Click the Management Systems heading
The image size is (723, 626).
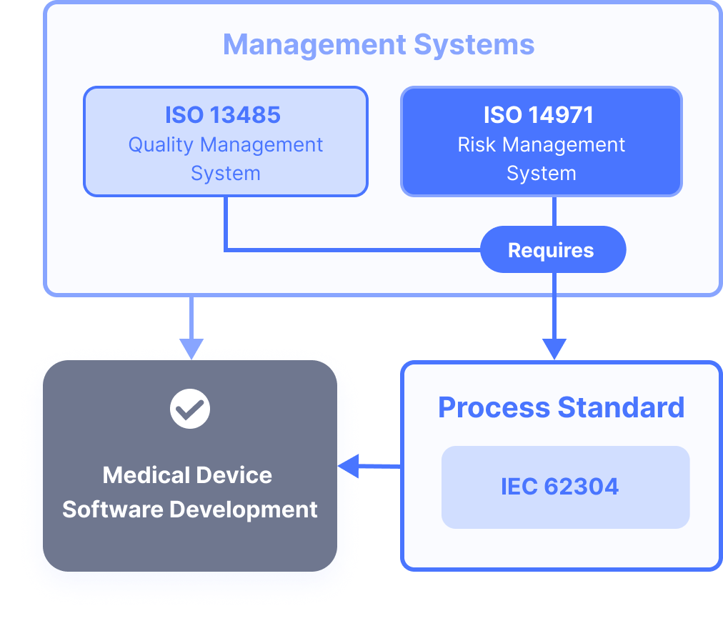[379, 44]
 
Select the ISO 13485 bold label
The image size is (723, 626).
[223, 114]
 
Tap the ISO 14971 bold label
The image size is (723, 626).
[539, 114]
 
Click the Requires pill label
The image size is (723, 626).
[551, 250]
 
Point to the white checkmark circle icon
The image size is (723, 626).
[190, 409]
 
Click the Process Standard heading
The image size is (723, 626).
[561, 407]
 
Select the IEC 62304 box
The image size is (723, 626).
[565, 487]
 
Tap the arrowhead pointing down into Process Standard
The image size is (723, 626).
[554, 349]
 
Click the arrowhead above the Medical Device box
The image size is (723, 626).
[191, 347]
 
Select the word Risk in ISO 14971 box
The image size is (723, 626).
[476, 145]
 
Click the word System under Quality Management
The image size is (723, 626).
[225, 174]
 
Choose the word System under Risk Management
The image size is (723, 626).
[541, 174]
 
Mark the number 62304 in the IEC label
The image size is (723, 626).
[582, 487]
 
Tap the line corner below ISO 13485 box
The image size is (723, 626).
[226, 249]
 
